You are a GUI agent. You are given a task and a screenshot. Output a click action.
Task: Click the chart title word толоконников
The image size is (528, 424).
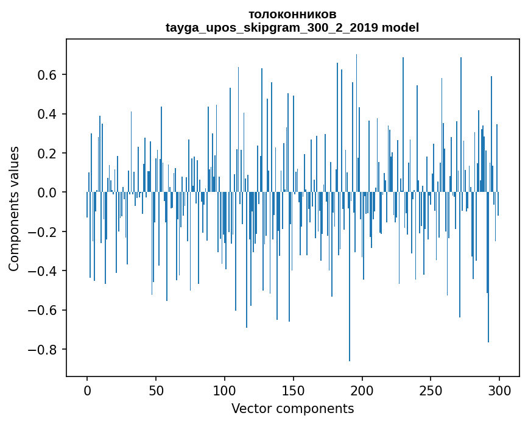click(x=292, y=14)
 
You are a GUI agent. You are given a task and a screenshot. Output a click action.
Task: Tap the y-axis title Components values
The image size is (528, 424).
click(x=14, y=208)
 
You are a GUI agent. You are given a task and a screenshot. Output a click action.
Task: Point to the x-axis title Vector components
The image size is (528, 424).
click(x=292, y=408)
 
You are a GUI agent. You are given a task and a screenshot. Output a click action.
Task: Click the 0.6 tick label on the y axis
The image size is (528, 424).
click(x=48, y=75)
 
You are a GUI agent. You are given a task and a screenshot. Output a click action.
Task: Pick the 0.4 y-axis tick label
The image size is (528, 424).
click(x=48, y=114)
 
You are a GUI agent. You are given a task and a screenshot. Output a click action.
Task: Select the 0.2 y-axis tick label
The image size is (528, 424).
click(x=48, y=154)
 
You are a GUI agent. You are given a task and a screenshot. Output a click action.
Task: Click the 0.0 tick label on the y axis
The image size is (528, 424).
click(x=48, y=193)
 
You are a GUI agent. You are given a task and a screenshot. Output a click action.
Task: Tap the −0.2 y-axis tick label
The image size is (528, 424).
click(x=44, y=232)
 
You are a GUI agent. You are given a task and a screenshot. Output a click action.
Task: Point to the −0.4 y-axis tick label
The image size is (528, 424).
click(x=44, y=271)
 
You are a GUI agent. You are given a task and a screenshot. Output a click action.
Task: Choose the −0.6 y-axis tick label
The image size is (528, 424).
click(x=44, y=310)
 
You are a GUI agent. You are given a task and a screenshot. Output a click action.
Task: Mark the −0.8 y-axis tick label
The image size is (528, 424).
click(x=44, y=350)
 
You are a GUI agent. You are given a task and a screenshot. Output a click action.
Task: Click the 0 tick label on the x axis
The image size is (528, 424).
click(x=87, y=390)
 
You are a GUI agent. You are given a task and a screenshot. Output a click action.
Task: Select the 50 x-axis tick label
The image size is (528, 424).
click(x=156, y=390)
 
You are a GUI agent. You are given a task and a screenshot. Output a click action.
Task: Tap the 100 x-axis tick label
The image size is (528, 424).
click(x=225, y=390)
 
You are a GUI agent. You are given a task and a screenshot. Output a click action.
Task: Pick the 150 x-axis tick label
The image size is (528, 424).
click(x=294, y=390)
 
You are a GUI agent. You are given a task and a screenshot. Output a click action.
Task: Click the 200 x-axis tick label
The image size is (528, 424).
click(x=362, y=390)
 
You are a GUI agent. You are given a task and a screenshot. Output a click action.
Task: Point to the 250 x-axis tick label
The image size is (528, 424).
click(x=431, y=390)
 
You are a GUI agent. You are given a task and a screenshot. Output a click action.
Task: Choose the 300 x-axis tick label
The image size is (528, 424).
click(x=500, y=390)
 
